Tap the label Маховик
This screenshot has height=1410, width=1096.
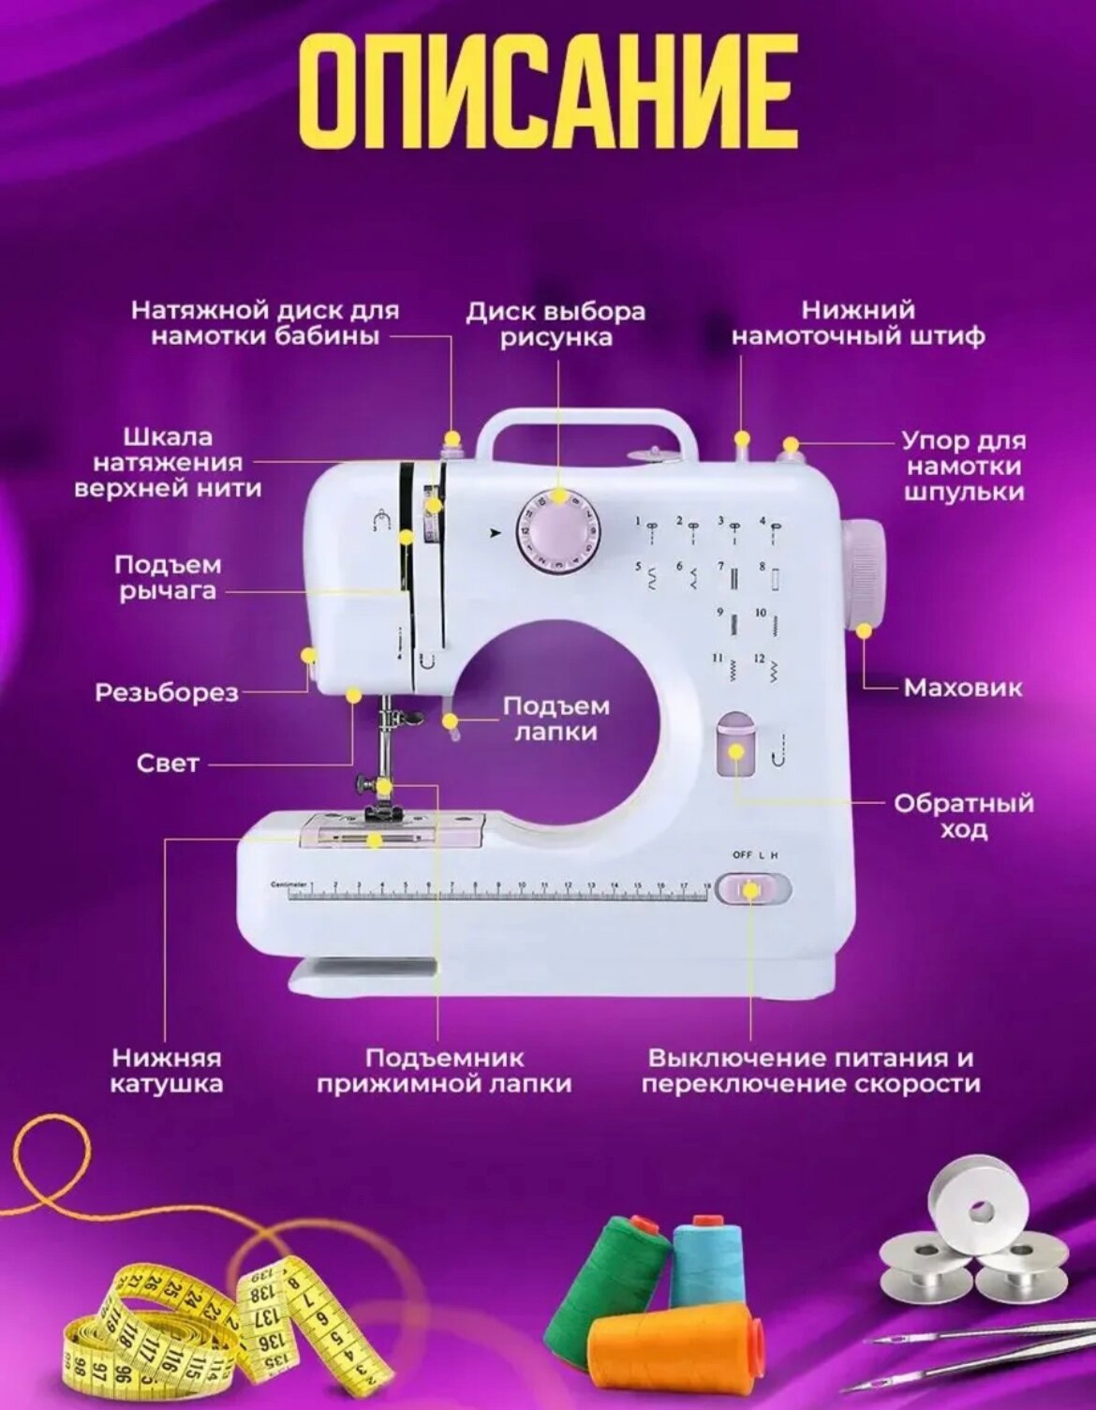[962, 689]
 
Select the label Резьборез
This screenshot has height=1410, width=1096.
[167, 693]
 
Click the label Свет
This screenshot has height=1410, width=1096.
[168, 764]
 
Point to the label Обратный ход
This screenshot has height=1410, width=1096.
[963, 816]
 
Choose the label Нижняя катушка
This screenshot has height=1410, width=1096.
[167, 1071]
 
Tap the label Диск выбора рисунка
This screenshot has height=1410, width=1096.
[555, 324]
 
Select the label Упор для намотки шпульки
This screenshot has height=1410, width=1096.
[964, 467]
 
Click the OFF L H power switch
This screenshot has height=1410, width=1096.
[752, 888]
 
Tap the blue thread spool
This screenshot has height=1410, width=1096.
[708, 1260]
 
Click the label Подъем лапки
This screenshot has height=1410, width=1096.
[555, 719]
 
